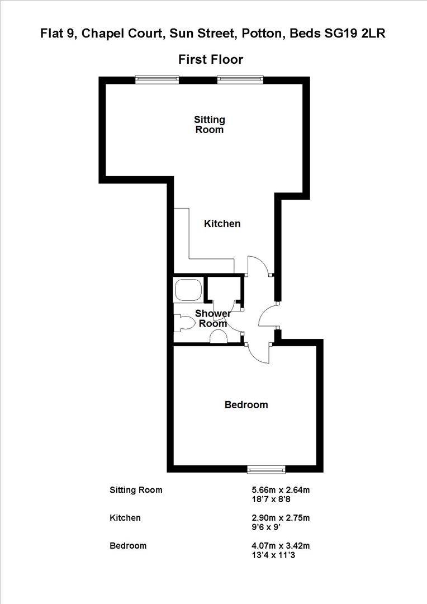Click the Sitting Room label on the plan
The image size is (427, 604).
[x=210, y=125]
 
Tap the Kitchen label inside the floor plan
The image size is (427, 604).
[x=222, y=224]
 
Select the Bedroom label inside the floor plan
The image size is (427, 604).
[x=246, y=404]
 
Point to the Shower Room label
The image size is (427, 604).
[x=213, y=319]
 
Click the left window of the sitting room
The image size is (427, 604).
[x=157, y=80]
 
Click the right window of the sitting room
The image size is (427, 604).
[x=239, y=80]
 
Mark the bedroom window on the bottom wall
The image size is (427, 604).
[x=267, y=469]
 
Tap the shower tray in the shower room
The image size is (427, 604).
[x=188, y=290]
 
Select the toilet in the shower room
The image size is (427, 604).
[x=184, y=323]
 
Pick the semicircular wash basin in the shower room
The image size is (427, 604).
[x=218, y=336]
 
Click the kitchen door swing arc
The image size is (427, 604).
[x=258, y=263]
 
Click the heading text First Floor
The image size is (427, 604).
[x=211, y=59]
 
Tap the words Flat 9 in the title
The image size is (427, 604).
[x=58, y=34]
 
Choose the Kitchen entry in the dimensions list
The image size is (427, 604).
[x=125, y=518]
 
